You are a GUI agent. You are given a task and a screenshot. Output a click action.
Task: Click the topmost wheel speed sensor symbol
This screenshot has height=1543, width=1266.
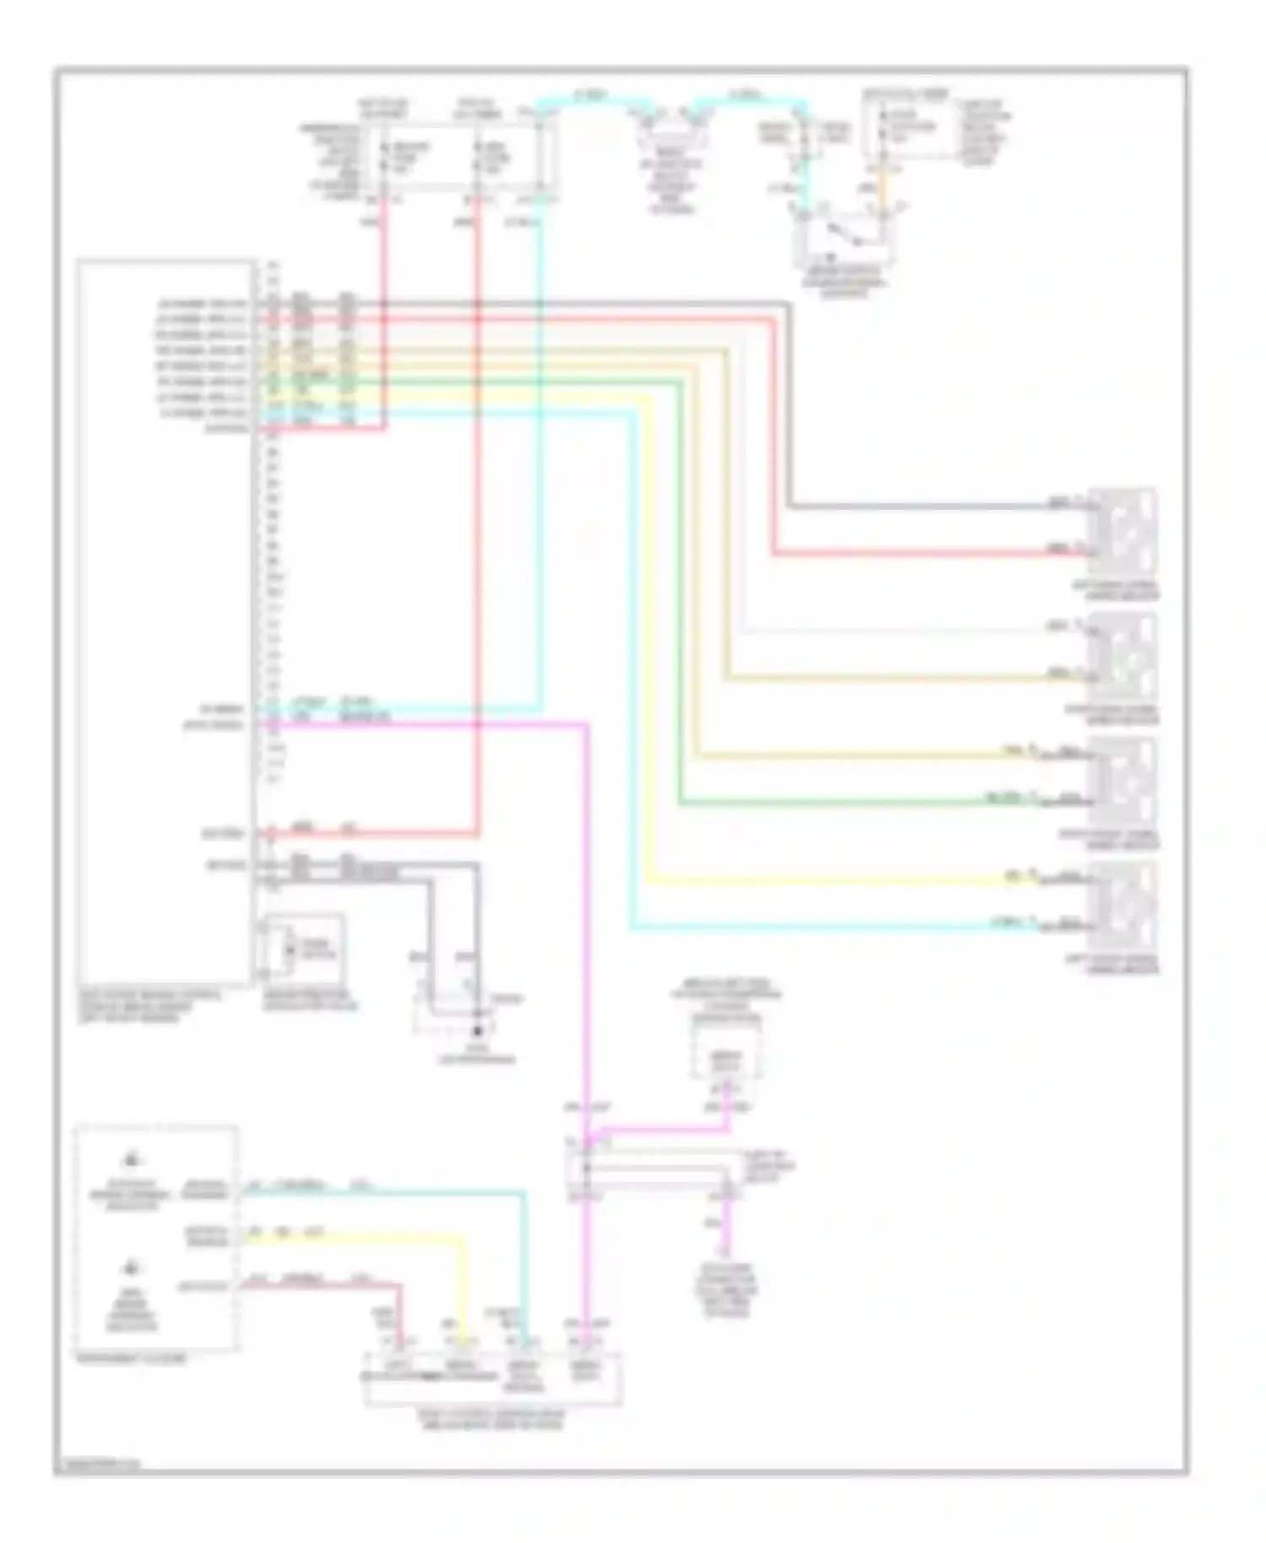click(x=1123, y=530)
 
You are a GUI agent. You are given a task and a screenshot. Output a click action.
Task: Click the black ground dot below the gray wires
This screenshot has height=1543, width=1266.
click(x=478, y=1031)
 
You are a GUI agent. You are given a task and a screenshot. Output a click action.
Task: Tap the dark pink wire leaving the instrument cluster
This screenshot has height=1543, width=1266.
click(x=354, y=1286)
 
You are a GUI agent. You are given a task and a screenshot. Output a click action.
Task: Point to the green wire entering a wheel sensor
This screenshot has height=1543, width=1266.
click(x=844, y=803)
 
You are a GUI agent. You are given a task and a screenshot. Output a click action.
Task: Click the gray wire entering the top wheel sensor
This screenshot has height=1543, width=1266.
click(x=928, y=506)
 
